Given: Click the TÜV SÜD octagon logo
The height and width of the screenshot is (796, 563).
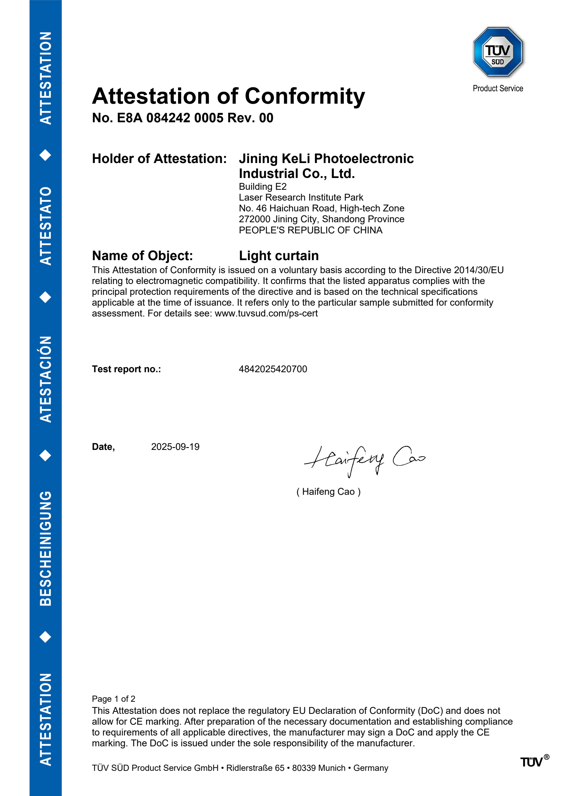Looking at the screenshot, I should tap(498, 52).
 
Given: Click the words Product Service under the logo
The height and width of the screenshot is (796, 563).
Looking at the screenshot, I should tap(498, 89).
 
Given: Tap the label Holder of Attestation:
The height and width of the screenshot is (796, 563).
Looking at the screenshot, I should tap(159, 159).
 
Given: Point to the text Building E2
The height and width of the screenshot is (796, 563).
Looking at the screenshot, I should tap(262, 187).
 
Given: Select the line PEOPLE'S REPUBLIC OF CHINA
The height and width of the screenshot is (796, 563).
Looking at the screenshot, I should tap(310, 230).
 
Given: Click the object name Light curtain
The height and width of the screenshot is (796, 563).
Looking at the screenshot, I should tap(279, 256).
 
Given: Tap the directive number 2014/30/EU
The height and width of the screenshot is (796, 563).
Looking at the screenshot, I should tap(478, 270).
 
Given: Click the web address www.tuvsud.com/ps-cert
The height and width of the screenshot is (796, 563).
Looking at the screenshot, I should tap(266, 313).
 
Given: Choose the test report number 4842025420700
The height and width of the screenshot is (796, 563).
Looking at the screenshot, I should tap(273, 369).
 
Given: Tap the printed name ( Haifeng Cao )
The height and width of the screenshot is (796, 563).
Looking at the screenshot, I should tap(328, 492).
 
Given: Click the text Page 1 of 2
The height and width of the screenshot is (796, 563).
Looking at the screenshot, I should tap(113, 699).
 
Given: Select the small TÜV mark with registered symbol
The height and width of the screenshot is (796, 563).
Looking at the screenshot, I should tap(534, 762).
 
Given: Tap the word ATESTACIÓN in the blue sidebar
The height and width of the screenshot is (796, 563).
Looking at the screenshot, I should tap(46, 379).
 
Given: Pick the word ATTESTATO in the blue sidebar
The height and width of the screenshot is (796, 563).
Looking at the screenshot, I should tap(46, 226).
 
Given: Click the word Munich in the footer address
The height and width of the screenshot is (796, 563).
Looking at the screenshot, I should tap(332, 768).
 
